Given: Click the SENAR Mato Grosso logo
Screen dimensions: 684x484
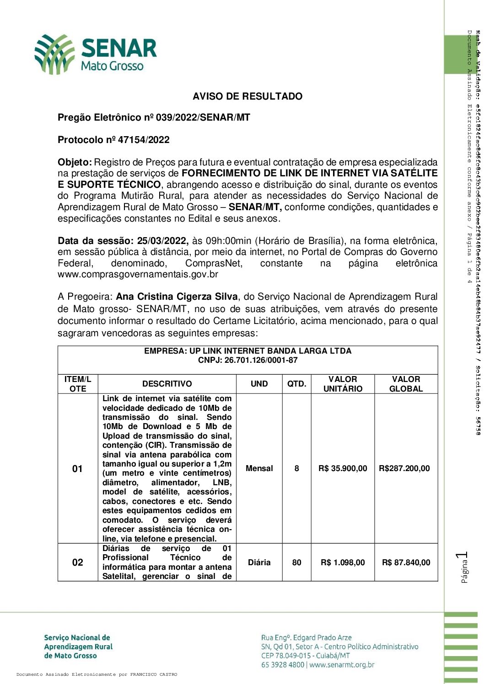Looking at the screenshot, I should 96,54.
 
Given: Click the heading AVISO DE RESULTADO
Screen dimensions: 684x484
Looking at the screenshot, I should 247,96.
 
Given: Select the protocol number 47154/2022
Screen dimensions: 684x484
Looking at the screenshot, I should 144,140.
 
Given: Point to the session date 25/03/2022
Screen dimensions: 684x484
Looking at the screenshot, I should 162,241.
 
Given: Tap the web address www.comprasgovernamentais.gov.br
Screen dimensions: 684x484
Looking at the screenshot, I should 138,275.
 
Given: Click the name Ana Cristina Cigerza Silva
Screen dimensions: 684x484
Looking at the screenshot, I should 177,297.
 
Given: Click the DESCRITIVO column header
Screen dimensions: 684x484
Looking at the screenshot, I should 167,384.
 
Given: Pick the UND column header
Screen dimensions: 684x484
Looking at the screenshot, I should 259,384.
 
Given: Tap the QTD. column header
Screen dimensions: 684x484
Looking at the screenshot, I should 296,384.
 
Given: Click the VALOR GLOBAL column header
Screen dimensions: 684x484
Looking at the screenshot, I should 406,384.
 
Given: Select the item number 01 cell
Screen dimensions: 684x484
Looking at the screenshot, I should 78,468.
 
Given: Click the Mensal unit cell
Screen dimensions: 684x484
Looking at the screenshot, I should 259,468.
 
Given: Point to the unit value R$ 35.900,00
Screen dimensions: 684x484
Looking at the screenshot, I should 343,468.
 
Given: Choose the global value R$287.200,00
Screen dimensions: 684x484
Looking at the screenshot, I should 404,468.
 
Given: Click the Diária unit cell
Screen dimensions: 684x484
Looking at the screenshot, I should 259,562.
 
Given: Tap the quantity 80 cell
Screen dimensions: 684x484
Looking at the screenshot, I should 296,562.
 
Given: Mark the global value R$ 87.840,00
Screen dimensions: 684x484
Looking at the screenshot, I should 406,562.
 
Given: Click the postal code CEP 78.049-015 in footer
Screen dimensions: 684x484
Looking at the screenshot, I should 286,656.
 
